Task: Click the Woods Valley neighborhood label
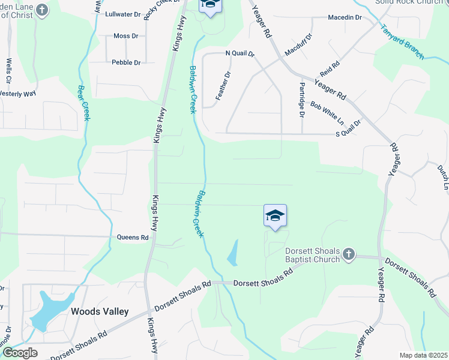coord(100,311)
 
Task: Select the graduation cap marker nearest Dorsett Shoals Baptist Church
coord(275,216)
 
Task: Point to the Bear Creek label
coord(83,103)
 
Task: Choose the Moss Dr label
coord(126,36)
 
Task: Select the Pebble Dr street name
coord(126,62)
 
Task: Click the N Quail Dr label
coord(240,54)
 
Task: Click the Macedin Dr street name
coord(345,17)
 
